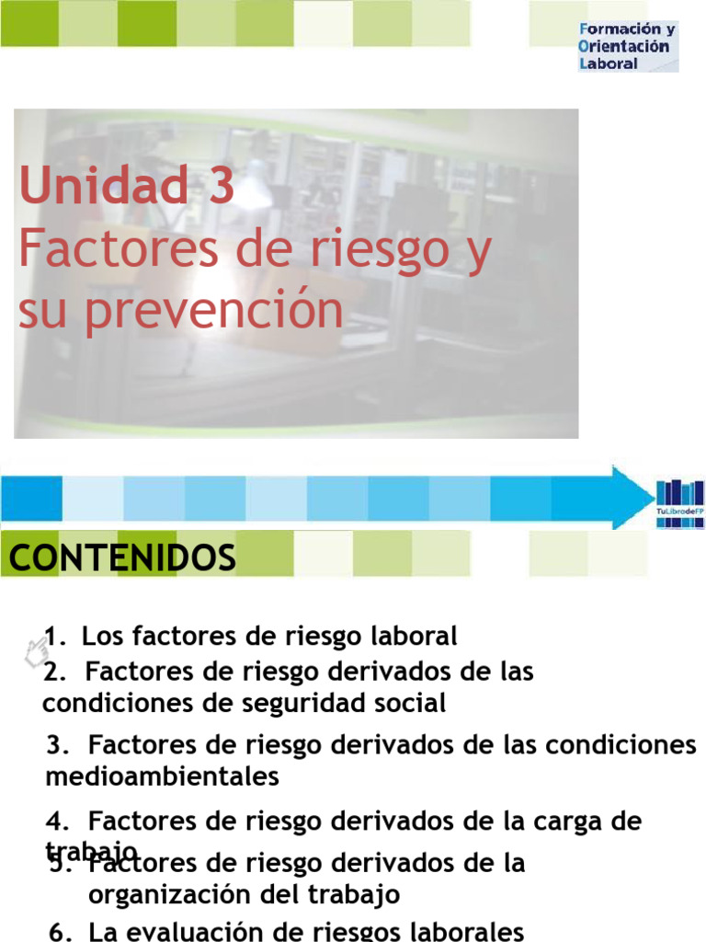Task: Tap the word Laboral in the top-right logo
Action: pyautogui.click(x=609, y=64)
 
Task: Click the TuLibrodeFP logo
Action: pyautogui.click(x=680, y=503)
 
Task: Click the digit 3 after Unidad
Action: pyautogui.click(x=222, y=187)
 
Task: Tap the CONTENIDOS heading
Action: pyautogui.click(x=122, y=557)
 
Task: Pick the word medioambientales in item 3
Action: pyautogui.click(x=162, y=776)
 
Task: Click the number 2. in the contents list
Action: pyautogui.click(x=54, y=672)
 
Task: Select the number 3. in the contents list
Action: pyautogui.click(x=58, y=744)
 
